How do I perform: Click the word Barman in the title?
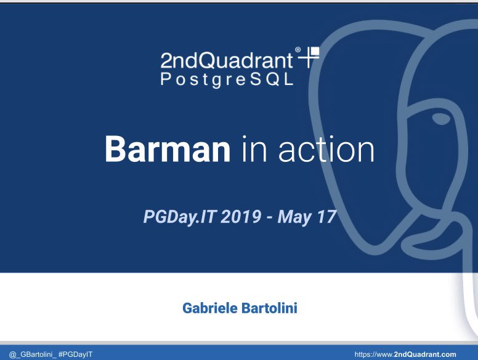pos(167,148)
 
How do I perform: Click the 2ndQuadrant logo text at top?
pos(227,60)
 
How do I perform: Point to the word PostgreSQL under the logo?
pos(227,80)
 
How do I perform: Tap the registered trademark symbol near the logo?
pos(298,50)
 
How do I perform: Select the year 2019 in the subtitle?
pos(233,217)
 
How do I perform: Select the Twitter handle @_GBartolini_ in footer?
pos(29,354)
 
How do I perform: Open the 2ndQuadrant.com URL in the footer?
pos(405,354)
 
